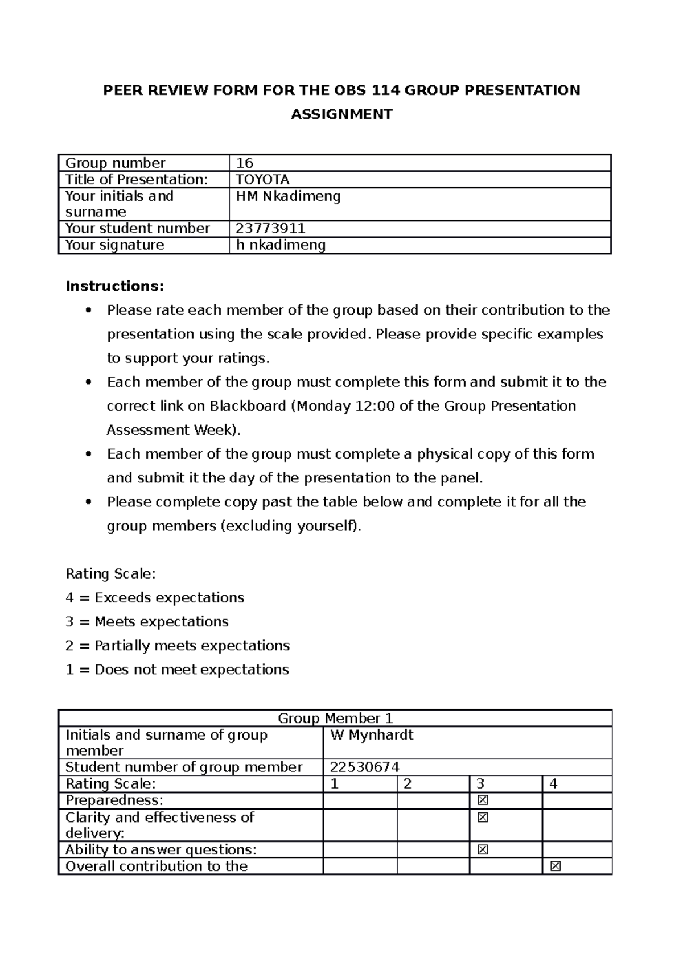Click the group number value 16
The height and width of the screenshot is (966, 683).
(245, 163)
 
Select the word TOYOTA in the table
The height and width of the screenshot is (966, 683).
(263, 180)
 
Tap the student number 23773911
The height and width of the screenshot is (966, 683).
(271, 229)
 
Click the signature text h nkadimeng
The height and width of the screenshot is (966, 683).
(281, 245)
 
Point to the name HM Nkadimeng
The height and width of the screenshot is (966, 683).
(289, 196)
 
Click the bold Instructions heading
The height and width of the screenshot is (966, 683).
(114, 286)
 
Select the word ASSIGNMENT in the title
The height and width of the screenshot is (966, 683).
(341, 114)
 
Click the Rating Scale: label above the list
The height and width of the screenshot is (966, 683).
(110, 573)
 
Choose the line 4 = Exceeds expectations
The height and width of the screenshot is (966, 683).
(155, 597)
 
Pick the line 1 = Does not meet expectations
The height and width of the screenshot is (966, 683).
(177, 669)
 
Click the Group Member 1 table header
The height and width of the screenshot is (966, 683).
(335, 718)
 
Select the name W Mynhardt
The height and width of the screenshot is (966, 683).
(372, 735)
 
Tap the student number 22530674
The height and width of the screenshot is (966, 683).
(365, 767)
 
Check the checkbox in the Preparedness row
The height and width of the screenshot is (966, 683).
(483, 800)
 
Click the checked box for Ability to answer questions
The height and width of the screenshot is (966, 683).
(483, 850)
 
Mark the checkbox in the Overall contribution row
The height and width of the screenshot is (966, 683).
(556, 866)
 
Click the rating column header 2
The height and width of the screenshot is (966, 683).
(408, 784)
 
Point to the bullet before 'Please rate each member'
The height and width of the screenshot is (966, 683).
(88, 311)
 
